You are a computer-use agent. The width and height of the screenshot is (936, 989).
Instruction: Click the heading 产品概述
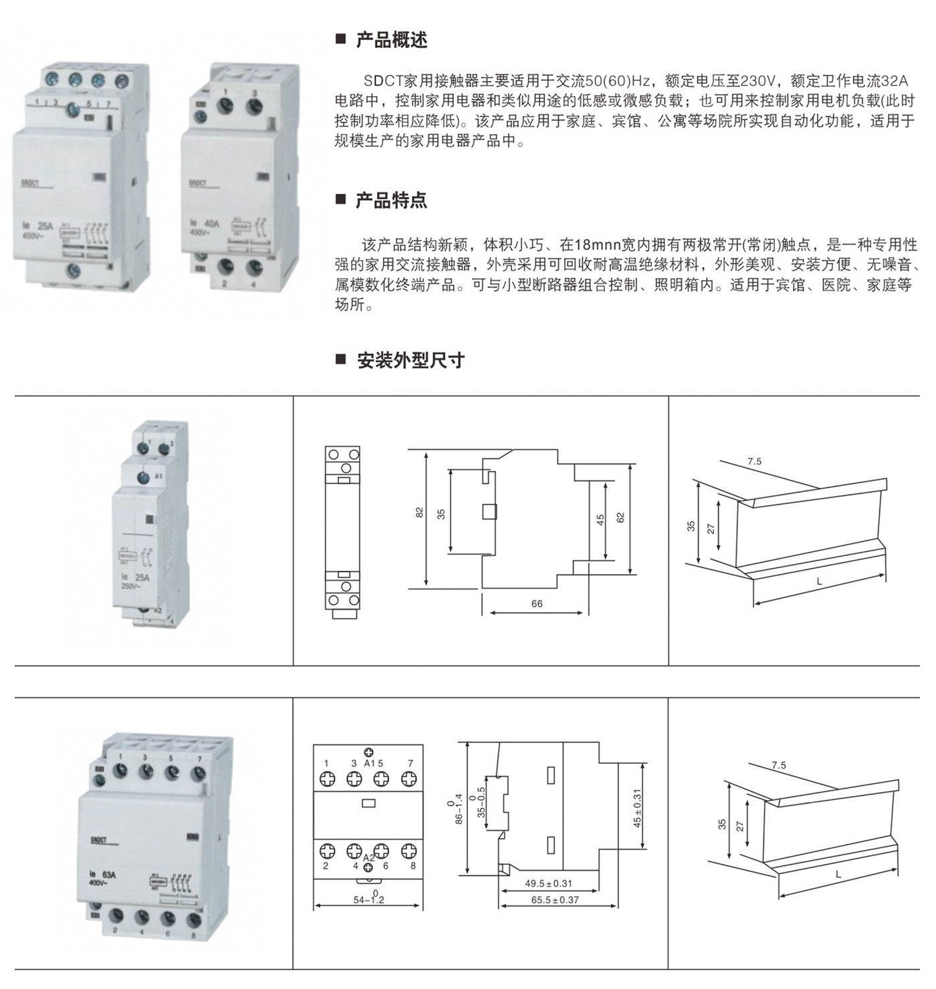click(x=391, y=40)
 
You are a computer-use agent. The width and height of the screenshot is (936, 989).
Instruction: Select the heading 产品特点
click(x=391, y=200)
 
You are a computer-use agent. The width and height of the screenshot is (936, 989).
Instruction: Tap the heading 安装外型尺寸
click(x=410, y=360)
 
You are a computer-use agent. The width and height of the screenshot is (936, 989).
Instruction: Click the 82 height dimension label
click(x=420, y=513)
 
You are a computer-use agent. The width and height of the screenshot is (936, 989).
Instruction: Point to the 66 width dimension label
click(x=537, y=603)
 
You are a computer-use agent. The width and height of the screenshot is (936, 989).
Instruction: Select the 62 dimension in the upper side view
click(x=620, y=517)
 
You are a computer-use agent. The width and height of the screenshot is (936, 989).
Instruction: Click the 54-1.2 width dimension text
click(x=369, y=899)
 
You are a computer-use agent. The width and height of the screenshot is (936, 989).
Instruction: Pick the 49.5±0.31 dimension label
click(x=548, y=883)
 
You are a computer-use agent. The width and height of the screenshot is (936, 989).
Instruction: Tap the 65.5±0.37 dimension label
click(x=555, y=899)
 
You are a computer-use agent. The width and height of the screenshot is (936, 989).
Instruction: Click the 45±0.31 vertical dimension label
click(x=637, y=808)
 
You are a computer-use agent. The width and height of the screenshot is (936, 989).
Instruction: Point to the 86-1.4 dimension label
click(x=459, y=809)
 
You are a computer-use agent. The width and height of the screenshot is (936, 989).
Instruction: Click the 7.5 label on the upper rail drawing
click(x=754, y=462)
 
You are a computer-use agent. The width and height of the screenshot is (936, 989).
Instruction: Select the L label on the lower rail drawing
click(x=838, y=875)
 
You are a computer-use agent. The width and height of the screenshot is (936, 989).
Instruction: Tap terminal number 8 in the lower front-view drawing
click(x=413, y=866)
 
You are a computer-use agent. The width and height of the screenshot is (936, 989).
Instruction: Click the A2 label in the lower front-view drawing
click(x=369, y=857)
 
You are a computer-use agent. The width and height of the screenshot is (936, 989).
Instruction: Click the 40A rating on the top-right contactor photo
click(x=211, y=223)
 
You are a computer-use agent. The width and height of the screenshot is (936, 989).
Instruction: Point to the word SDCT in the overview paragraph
click(x=381, y=82)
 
